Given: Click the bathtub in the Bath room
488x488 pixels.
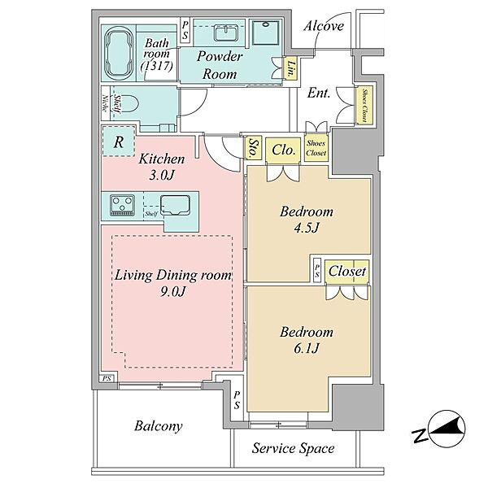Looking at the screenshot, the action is (119, 54).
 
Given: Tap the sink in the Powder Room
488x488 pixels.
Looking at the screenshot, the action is (226, 33).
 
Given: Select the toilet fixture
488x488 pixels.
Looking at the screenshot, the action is (129, 107).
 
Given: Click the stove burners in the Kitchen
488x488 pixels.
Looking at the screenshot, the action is (123, 206).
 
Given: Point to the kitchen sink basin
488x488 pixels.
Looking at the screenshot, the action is (175, 205).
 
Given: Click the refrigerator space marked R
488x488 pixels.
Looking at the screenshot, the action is (119, 142).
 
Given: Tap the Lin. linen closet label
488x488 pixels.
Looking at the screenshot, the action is (291, 69).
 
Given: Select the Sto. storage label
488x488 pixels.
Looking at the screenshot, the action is (252, 148).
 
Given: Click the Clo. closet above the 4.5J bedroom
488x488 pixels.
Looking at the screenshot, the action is (283, 150).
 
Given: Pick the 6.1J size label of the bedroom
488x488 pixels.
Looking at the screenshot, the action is (307, 347).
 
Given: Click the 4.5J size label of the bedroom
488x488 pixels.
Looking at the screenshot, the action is (307, 228).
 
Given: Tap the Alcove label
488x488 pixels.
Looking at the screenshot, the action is (324, 26).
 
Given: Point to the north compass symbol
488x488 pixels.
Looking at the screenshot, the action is (439, 429).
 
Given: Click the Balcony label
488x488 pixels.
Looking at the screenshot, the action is (159, 426).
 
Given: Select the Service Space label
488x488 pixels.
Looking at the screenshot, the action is (293, 448).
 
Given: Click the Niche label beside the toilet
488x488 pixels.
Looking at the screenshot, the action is (105, 102).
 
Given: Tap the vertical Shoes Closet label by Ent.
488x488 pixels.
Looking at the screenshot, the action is (364, 106).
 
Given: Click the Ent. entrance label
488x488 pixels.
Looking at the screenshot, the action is (318, 93).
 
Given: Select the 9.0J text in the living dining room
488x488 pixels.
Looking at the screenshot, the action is (173, 291).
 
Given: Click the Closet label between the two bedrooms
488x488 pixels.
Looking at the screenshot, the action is (347, 271).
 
